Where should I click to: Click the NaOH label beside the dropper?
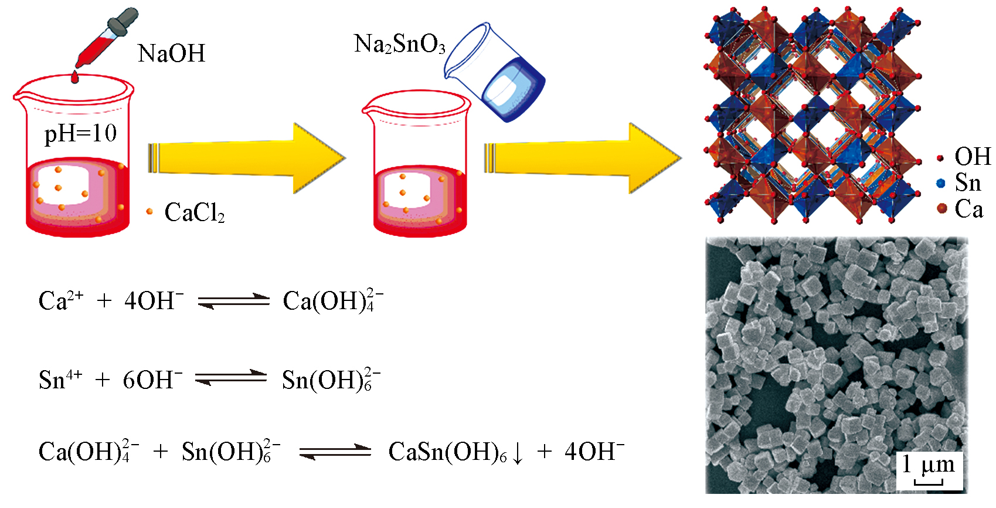[171, 54]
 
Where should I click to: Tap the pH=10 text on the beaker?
[80, 134]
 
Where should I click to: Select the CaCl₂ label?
[194, 212]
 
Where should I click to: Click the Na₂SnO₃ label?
[400, 45]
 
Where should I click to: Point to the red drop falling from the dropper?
[74, 77]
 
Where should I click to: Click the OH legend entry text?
[973, 157]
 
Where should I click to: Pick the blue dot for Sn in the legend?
[941, 184]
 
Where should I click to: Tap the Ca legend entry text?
[968, 209]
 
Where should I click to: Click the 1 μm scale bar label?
[929, 466]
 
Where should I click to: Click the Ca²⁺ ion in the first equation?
[60, 300]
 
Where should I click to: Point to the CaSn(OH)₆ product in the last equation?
[447, 452]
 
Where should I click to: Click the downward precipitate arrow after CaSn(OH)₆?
[518, 453]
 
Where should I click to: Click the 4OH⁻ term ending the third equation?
[594, 452]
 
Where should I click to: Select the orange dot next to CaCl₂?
[149, 211]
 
